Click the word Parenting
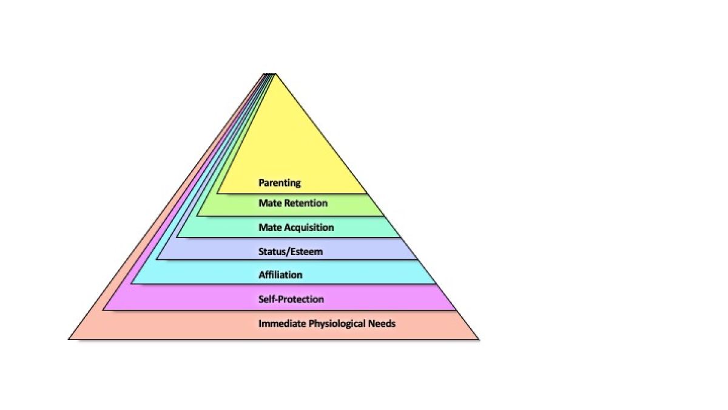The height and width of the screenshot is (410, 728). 280,183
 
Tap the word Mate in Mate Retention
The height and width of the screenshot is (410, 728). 269,203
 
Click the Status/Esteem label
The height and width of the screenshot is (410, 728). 291,251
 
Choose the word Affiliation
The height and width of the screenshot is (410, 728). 280,275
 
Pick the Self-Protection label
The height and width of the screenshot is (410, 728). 291,299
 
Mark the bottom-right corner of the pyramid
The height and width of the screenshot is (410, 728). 479,339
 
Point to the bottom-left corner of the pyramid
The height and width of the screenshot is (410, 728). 69,339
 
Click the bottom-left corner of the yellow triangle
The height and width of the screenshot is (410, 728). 217,194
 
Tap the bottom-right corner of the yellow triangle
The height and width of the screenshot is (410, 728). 367,194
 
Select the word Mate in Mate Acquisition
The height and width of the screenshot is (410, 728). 269,227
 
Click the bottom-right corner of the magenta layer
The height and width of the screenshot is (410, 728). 456,310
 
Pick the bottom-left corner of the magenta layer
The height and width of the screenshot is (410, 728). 103,310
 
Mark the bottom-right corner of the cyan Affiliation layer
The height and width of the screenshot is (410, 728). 436,284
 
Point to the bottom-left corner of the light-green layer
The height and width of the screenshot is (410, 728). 197,216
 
